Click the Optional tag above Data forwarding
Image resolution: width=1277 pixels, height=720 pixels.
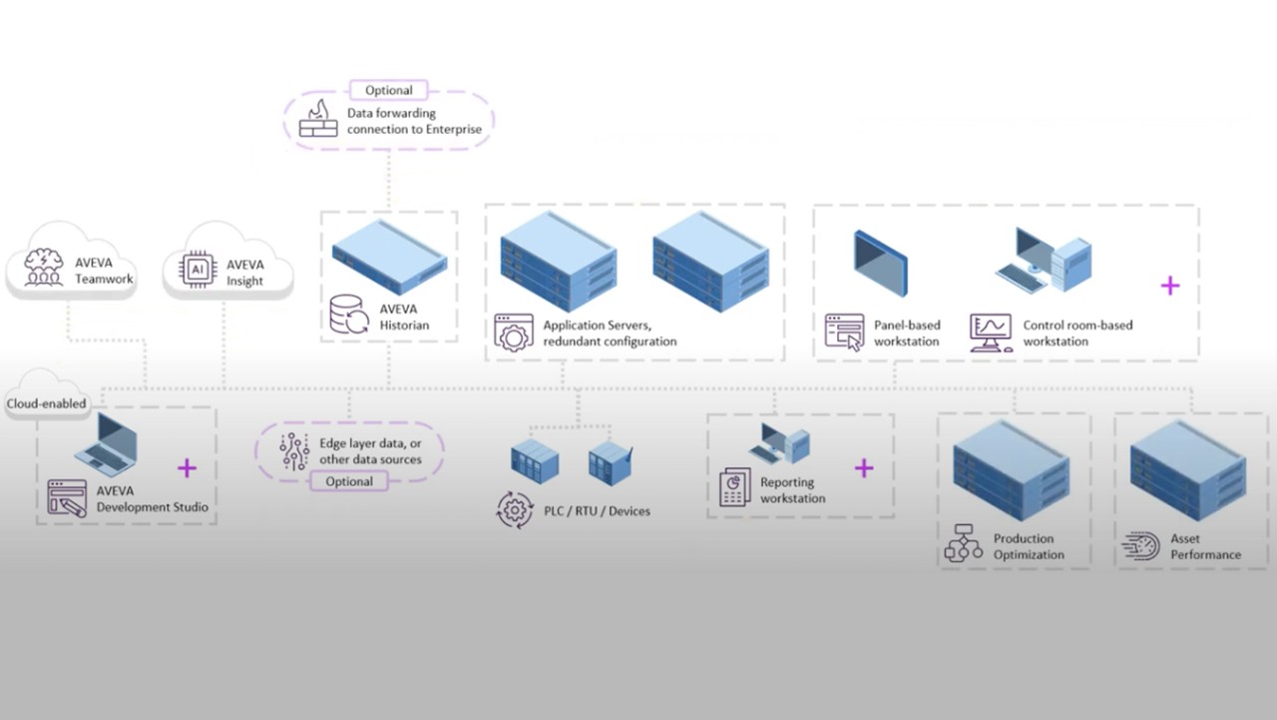[388, 90]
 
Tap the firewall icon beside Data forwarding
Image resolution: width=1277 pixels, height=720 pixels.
[318, 120]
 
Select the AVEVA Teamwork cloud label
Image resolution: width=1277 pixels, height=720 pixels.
[104, 272]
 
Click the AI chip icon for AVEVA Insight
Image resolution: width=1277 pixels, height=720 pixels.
[198, 271]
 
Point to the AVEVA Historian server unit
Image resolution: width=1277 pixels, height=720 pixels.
[388, 257]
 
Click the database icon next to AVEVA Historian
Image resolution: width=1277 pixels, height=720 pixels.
[350, 317]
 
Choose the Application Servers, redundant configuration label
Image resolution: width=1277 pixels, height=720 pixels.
[610, 334]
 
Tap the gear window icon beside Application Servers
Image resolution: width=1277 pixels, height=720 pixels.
[514, 333]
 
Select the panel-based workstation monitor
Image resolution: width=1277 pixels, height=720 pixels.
[880, 263]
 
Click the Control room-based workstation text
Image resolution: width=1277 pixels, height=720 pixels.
[1077, 333]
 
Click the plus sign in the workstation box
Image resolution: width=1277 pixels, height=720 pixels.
[1169, 286]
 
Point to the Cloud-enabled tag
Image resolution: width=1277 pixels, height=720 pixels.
[47, 403]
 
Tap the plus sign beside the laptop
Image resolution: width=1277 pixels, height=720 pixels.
[187, 467]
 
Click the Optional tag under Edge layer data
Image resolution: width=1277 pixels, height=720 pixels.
[349, 481]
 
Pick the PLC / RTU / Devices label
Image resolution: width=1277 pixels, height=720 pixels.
[601, 511]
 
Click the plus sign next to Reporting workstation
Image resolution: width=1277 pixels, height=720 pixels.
[864, 467]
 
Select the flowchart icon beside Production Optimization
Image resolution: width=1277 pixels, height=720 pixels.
[964, 543]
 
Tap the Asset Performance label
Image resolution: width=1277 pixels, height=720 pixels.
[1205, 546]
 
